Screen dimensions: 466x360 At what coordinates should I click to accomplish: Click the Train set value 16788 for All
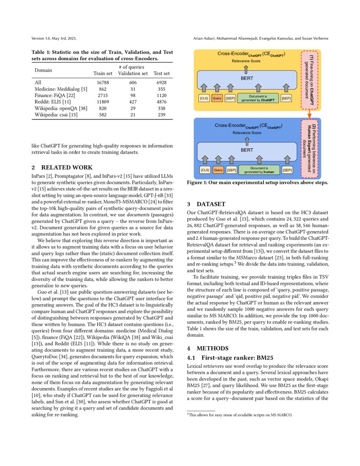pyautogui.click(x=103, y=82)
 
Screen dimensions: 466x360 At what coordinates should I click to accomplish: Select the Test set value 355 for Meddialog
pyautogui.click(x=161, y=89)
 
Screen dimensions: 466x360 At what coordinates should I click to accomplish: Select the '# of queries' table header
pyautogui.click(x=133, y=67)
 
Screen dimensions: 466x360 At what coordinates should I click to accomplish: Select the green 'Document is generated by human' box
pyautogui.click(x=259, y=170)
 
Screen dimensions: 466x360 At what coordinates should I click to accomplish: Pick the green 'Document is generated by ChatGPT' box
pyautogui.click(x=258, y=98)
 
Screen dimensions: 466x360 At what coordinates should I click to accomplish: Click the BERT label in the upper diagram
pyautogui.click(x=247, y=79)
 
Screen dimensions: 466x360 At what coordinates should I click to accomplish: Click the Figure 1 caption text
pyautogui.click(x=258, y=183)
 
